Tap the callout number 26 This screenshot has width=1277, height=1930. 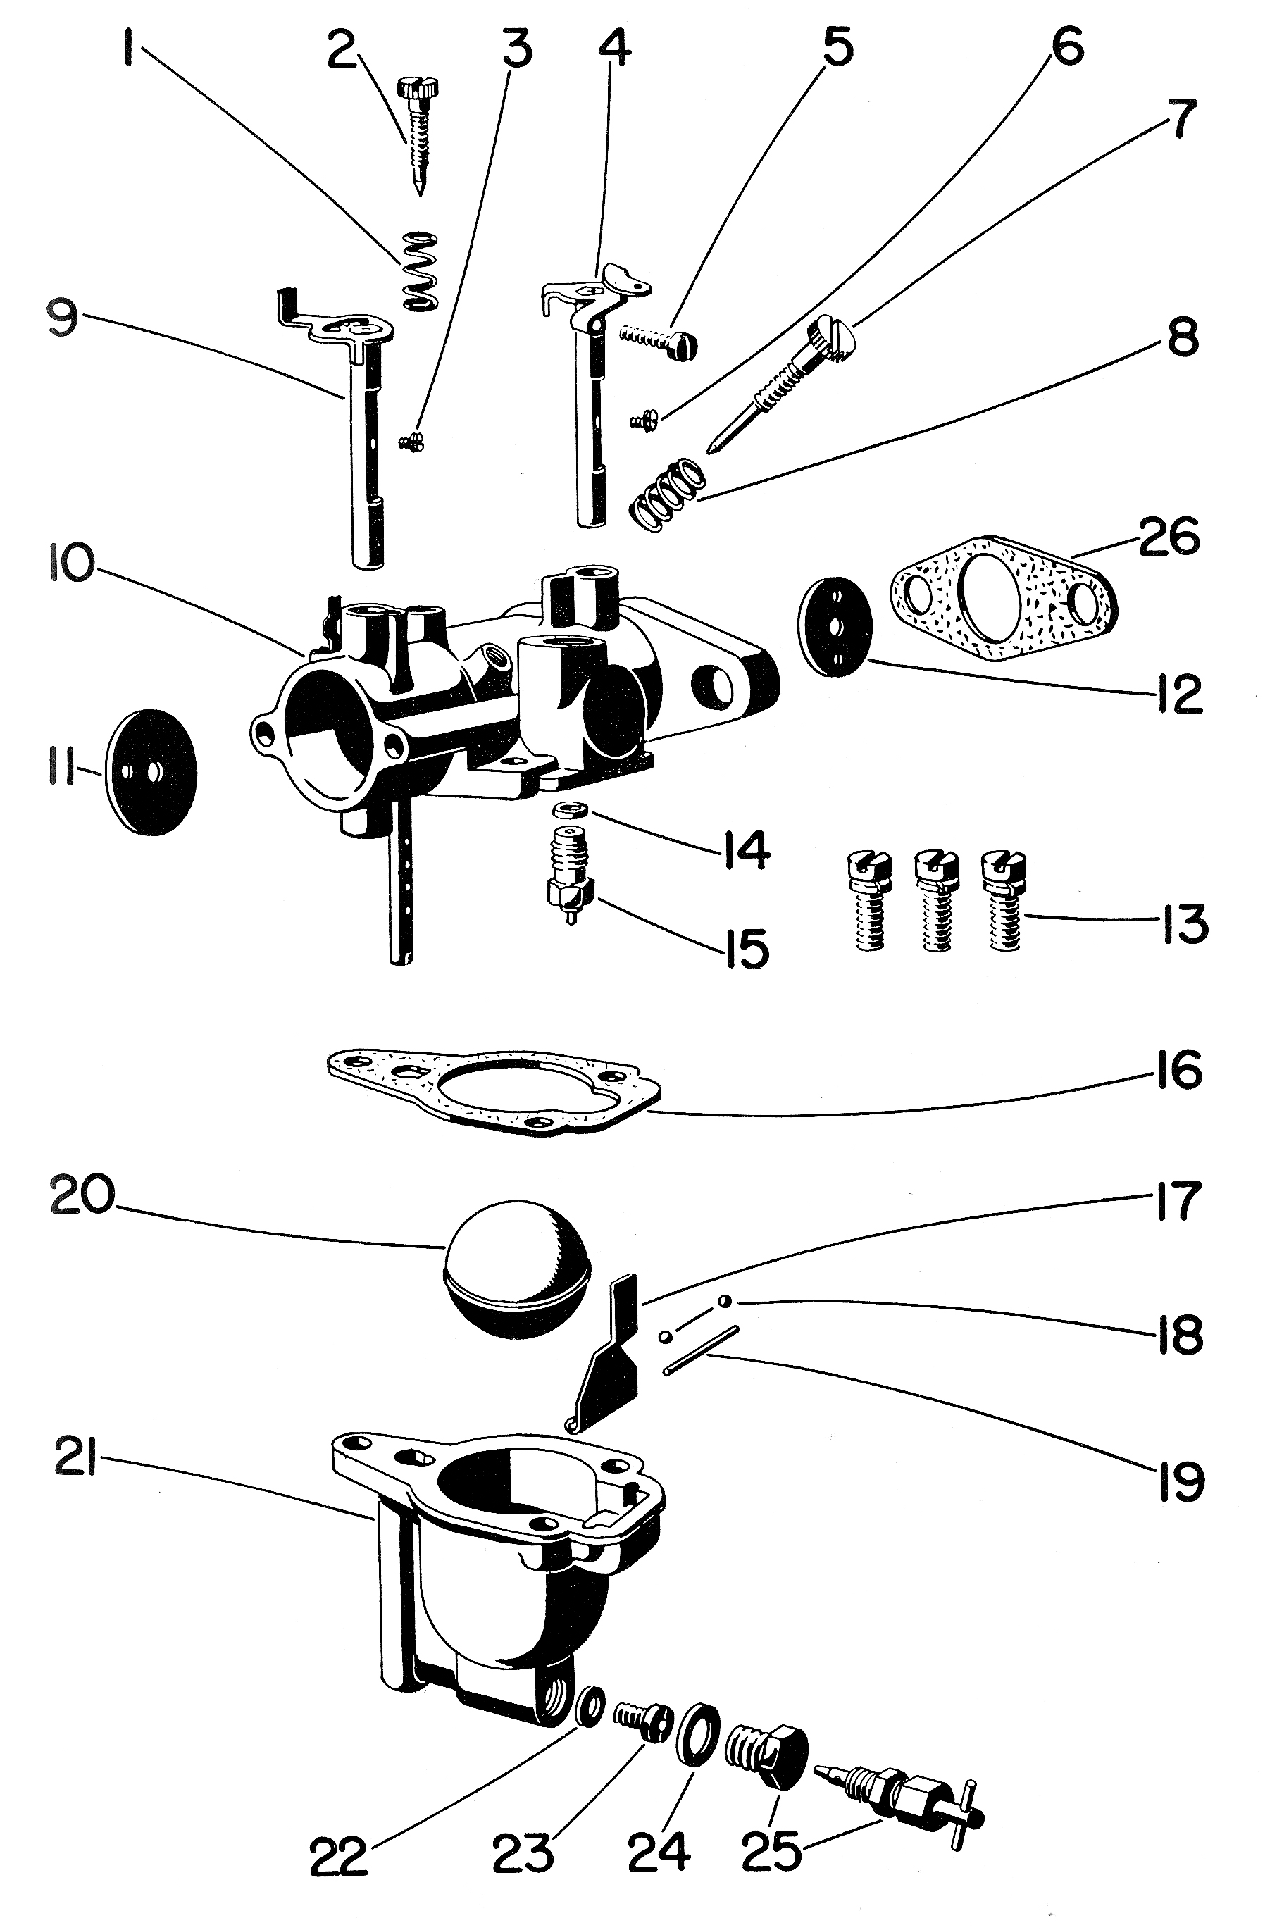(1169, 538)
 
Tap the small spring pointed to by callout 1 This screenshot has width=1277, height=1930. (421, 270)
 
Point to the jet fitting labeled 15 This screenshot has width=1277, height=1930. (570, 883)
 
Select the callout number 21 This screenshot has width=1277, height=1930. (77, 1464)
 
